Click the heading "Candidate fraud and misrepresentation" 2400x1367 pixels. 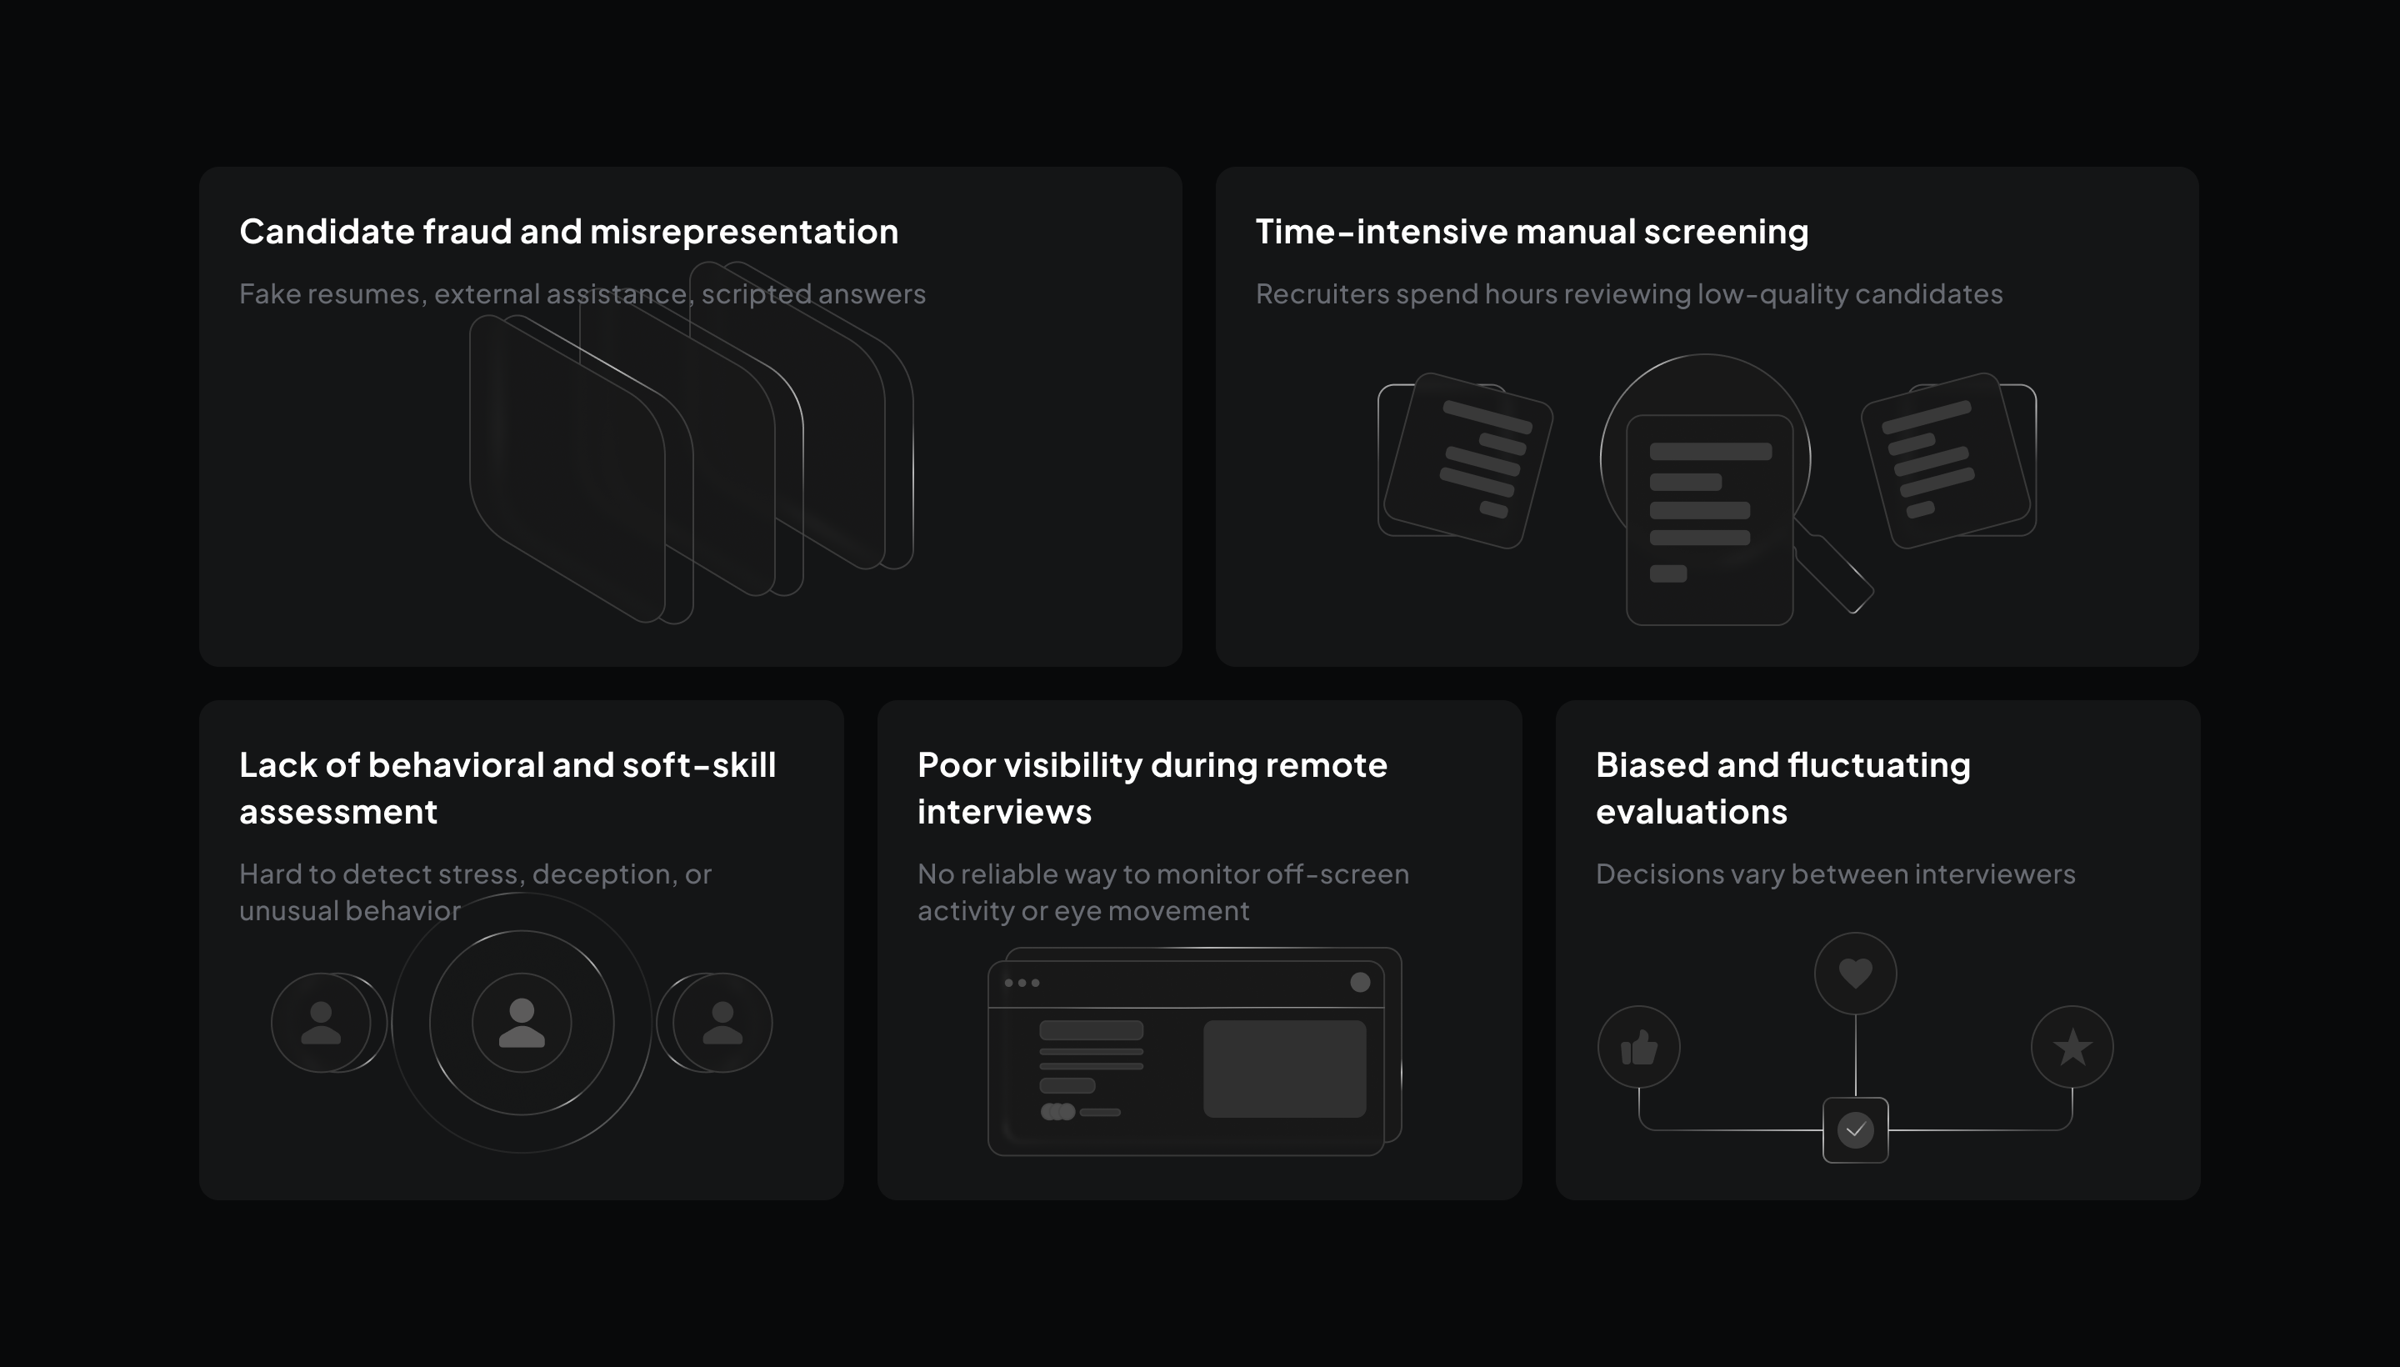point(567,232)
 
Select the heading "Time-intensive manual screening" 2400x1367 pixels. point(1531,232)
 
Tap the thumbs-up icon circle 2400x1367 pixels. point(1639,1047)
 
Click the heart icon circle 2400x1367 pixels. point(1855,973)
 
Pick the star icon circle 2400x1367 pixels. point(2072,1047)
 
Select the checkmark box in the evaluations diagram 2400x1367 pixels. point(1855,1129)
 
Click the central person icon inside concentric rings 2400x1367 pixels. point(522,1023)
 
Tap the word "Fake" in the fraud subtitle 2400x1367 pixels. point(269,294)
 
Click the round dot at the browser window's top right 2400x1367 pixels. point(1360,982)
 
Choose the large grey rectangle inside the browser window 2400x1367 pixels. point(1284,1069)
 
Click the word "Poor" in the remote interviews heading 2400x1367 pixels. point(956,765)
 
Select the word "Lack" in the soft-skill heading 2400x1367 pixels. point(277,765)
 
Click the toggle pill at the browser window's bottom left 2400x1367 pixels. point(1057,1112)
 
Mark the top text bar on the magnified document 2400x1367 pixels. point(1710,452)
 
